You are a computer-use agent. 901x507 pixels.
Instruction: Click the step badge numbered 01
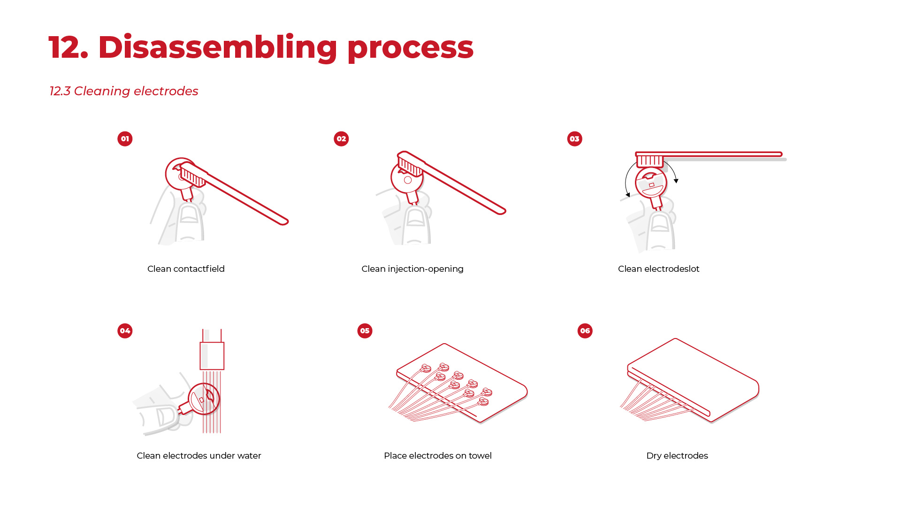tap(125, 139)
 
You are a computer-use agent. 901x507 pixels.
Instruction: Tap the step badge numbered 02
tap(341, 139)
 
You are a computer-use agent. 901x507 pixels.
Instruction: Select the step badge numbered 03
tap(574, 139)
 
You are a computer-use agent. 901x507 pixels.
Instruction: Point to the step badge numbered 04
tap(125, 331)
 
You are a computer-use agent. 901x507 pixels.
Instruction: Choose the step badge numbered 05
tap(365, 331)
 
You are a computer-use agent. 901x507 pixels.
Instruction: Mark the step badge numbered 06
tap(585, 331)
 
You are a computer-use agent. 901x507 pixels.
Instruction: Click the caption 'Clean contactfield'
tap(186, 269)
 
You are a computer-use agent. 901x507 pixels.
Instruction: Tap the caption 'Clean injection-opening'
tap(412, 269)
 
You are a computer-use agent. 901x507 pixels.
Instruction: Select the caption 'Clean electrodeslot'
tap(658, 269)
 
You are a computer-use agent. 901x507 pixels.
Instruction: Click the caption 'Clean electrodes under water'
tap(199, 456)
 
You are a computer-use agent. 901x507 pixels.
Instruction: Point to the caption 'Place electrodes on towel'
tap(438, 456)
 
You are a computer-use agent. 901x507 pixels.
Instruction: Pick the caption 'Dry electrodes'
tap(677, 456)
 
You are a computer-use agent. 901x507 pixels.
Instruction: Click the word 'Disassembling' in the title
tap(217, 48)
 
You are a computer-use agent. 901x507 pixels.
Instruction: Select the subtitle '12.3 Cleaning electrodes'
tap(124, 91)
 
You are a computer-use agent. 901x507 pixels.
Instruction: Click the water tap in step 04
tap(212, 350)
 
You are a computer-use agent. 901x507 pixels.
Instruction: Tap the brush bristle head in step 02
tap(411, 165)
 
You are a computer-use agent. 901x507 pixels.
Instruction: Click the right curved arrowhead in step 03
tap(676, 181)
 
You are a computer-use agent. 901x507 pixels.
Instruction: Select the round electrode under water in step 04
tap(204, 399)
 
